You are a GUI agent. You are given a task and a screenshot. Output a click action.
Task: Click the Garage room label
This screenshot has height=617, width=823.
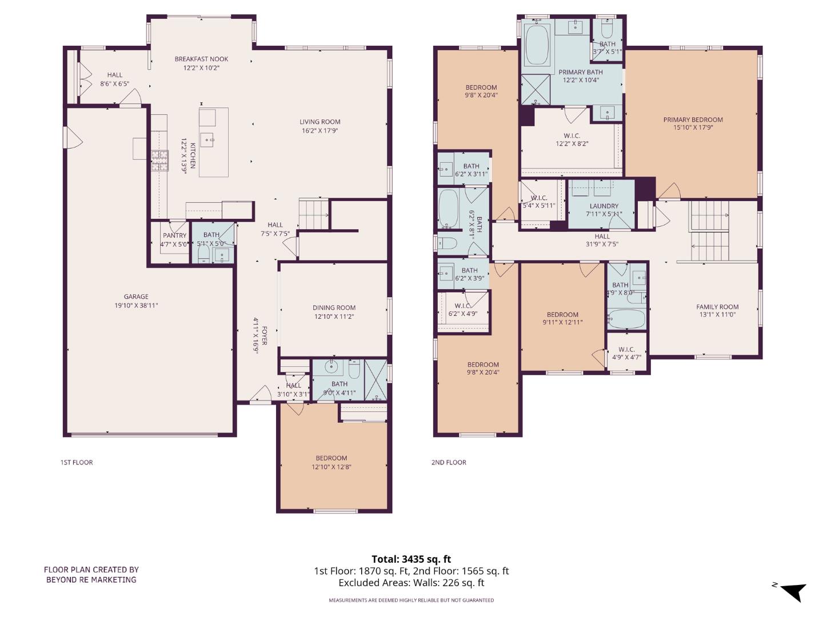(x=136, y=297)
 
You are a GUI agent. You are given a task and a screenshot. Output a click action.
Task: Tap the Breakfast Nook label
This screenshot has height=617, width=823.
(x=201, y=59)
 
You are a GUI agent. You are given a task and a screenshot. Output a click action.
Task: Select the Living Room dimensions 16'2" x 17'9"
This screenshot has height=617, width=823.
(x=320, y=131)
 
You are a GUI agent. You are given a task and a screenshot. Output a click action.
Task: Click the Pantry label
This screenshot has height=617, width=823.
(x=174, y=235)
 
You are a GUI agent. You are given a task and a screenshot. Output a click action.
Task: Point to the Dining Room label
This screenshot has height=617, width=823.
(x=334, y=307)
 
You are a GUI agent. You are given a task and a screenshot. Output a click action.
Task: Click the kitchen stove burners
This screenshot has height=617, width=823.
(x=159, y=161)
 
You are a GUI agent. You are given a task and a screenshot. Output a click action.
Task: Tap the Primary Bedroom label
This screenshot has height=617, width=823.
(x=693, y=119)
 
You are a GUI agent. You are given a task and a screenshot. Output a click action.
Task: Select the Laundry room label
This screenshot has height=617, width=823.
(x=604, y=206)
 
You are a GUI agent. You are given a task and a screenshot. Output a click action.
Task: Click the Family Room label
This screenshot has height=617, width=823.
(x=717, y=307)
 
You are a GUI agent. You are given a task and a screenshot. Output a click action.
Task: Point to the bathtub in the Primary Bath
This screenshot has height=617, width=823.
(x=537, y=45)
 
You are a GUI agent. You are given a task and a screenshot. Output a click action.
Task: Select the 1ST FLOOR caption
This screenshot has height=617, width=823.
(x=77, y=462)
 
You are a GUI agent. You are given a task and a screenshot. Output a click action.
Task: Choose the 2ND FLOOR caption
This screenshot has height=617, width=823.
(x=449, y=462)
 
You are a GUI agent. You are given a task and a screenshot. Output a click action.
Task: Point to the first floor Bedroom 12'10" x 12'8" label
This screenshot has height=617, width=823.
(x=331, y=458)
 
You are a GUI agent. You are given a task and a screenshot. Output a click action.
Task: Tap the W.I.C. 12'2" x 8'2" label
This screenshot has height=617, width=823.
(x=572, y=139)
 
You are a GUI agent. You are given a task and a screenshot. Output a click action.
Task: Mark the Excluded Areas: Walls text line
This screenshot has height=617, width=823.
(x=411, y=583)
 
